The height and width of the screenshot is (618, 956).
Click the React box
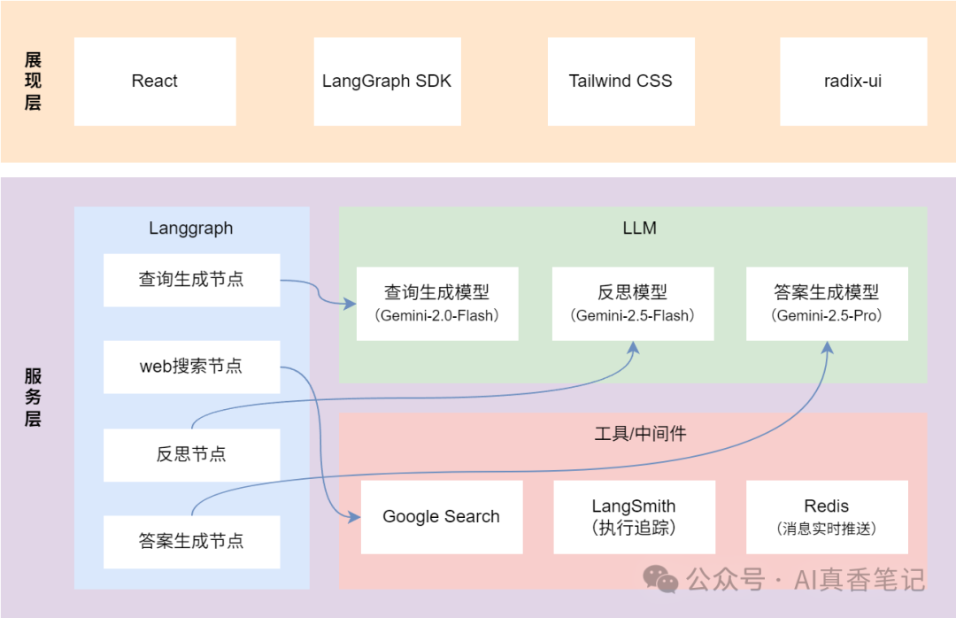[x=155, y=81]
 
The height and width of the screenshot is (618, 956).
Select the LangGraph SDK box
[x=387, y=81]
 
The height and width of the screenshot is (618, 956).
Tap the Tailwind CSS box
[x=621, y=81]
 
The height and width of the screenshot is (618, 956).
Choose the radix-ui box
[x=853, y=81]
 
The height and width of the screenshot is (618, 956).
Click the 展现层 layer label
[x=33, y=81]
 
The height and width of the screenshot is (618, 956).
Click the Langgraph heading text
[x=191, y=228]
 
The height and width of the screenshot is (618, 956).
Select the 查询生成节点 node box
[x=191, y=280]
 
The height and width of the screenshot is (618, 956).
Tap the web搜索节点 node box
[x=191, y=367]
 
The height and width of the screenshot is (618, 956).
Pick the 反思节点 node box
[x=191, y=454]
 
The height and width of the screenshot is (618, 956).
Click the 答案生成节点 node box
[x=191, y=541]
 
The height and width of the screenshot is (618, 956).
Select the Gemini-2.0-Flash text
[x=436, y=315]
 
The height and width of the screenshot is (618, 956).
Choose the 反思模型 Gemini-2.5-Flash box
[x=632, y=303]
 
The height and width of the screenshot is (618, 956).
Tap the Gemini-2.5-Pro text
[x=827, y=315]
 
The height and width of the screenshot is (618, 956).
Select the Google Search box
[x=441, y=517]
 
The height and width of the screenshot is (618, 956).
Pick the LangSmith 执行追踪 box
[x=634, y=517]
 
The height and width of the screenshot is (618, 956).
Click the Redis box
[x=827, y=517]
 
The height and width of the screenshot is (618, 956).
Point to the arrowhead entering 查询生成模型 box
[x=351, y=304]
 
